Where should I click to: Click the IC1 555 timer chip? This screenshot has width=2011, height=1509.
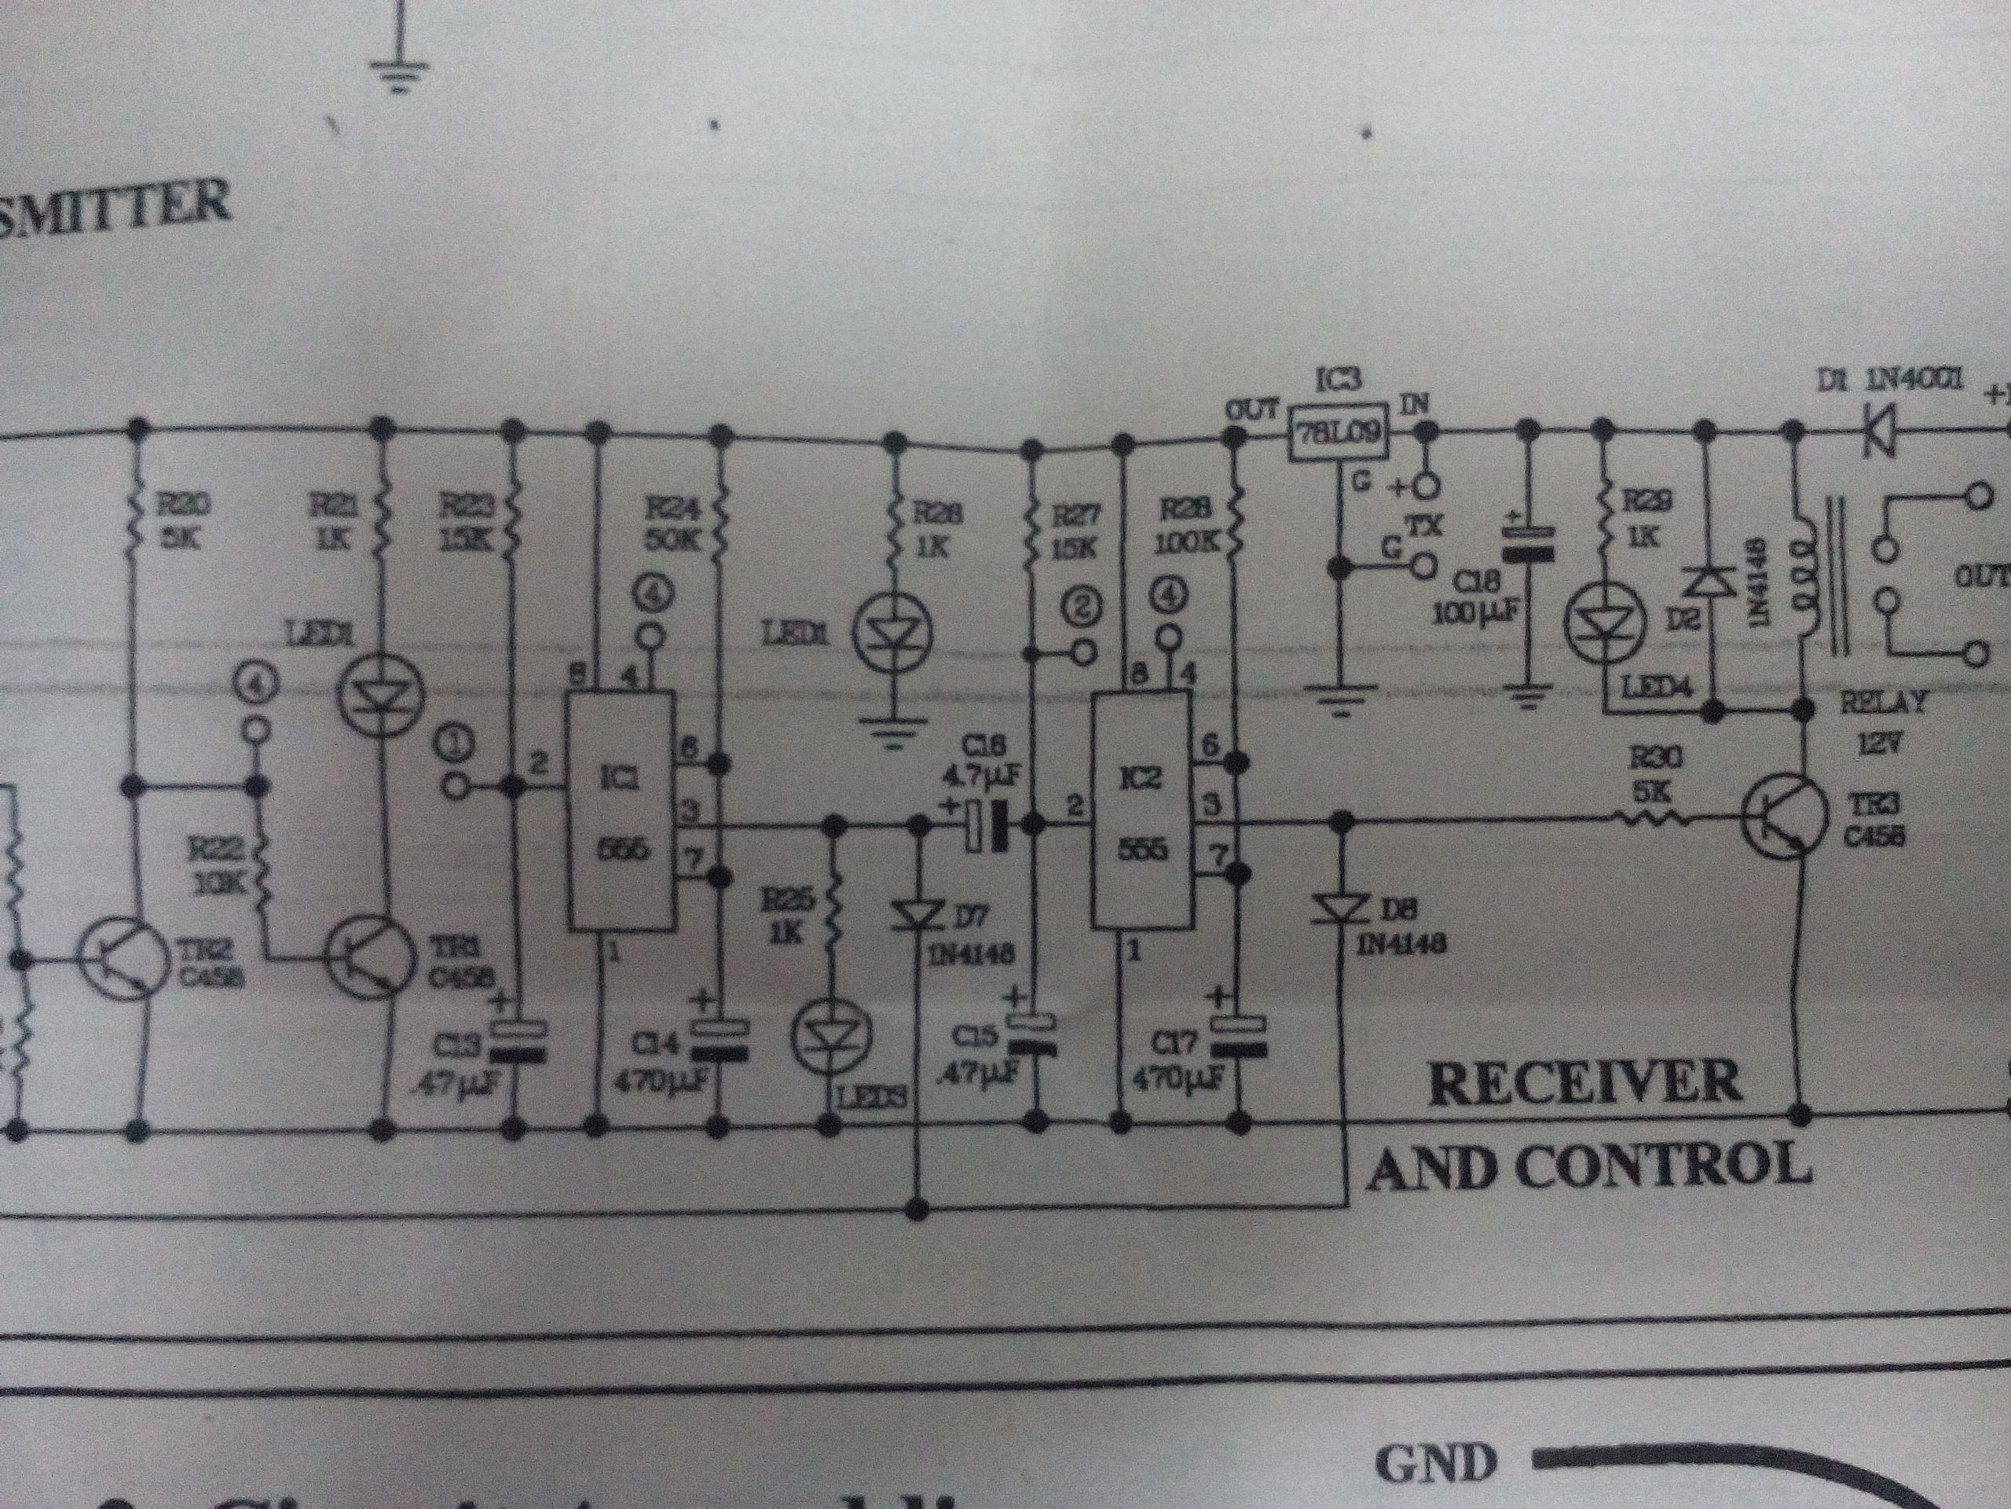pos(621,810)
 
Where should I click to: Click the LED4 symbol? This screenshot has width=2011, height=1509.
pos(1605,623)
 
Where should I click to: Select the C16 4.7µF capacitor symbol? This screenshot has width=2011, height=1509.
pos(987,825)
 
